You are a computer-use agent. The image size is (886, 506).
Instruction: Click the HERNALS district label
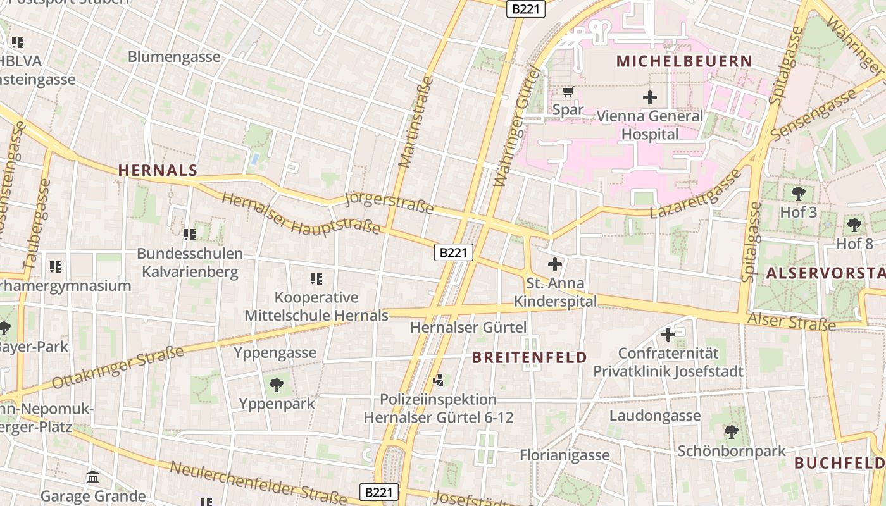pyautogui.click(x=158, y=170)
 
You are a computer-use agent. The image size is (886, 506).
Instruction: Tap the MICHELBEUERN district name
pyautogui.click(x=684, y=61)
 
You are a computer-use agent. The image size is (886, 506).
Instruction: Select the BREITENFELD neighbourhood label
pyautogui.click(x=530, y=357)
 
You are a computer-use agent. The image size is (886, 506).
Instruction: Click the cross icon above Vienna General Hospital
pyautogui.click(x=649, y=97)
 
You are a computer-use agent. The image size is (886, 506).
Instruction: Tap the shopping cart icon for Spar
pyautogui.click(x=568, y=91)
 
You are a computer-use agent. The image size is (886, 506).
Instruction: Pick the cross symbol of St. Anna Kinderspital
pyautogui.click(x=555, y=264)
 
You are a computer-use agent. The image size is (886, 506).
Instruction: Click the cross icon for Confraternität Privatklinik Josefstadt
pyautogui.click(x=668, y=335)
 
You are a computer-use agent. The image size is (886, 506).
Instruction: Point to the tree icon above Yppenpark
pyautogui.click(x=277, y=385)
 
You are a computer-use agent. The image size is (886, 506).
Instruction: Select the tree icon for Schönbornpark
pyautogui.click(x=731, y=432)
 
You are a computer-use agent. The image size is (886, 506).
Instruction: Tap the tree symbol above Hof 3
pyautogui.click(x=799, y=193)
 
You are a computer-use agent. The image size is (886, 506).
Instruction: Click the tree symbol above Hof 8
pyautogui.click(x=854, y=224)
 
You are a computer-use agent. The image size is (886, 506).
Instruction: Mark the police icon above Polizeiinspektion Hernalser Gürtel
pyautogui.click(x=438, y=380)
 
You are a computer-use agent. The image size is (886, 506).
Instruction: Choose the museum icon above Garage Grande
pyautogui.click(x=93, y=477)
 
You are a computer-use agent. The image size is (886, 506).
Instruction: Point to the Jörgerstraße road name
pyautogui.click(x=389, y=204)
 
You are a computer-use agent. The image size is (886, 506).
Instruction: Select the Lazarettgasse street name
pyautogui.click(x=695, y=194)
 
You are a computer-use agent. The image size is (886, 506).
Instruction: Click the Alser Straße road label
pyautogui.click(x=791, y=321)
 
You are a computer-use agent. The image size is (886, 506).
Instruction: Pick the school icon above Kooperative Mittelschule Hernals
pyautogui.click(x=316, y=278)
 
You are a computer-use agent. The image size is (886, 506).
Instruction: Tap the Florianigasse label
pyautogui.click(x=565, y=455)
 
